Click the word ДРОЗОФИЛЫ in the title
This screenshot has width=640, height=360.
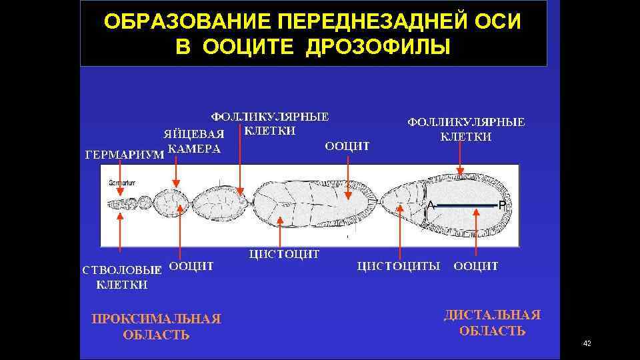[378, 47]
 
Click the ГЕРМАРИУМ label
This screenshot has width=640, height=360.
[125, 155]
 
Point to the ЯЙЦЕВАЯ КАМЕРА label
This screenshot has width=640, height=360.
[194, 141]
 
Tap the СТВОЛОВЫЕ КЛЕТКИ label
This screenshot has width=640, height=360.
[122, 277]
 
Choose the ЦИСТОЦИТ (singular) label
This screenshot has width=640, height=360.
[285, 253]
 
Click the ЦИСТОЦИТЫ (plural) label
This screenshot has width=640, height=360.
[399, 266]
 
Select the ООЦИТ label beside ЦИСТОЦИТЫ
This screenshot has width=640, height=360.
[476, 266]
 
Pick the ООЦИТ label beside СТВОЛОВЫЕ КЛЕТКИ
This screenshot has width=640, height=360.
[191, 266]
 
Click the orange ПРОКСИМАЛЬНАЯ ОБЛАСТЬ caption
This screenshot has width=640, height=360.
[156, 327]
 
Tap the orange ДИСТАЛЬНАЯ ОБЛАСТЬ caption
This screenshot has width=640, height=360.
[492, 323]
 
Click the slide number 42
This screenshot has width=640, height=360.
[587, 343]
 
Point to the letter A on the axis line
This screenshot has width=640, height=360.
[431, 205]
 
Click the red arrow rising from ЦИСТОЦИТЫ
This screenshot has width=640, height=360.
[399, 230]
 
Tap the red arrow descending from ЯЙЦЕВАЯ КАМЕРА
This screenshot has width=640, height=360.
[175, 173]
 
